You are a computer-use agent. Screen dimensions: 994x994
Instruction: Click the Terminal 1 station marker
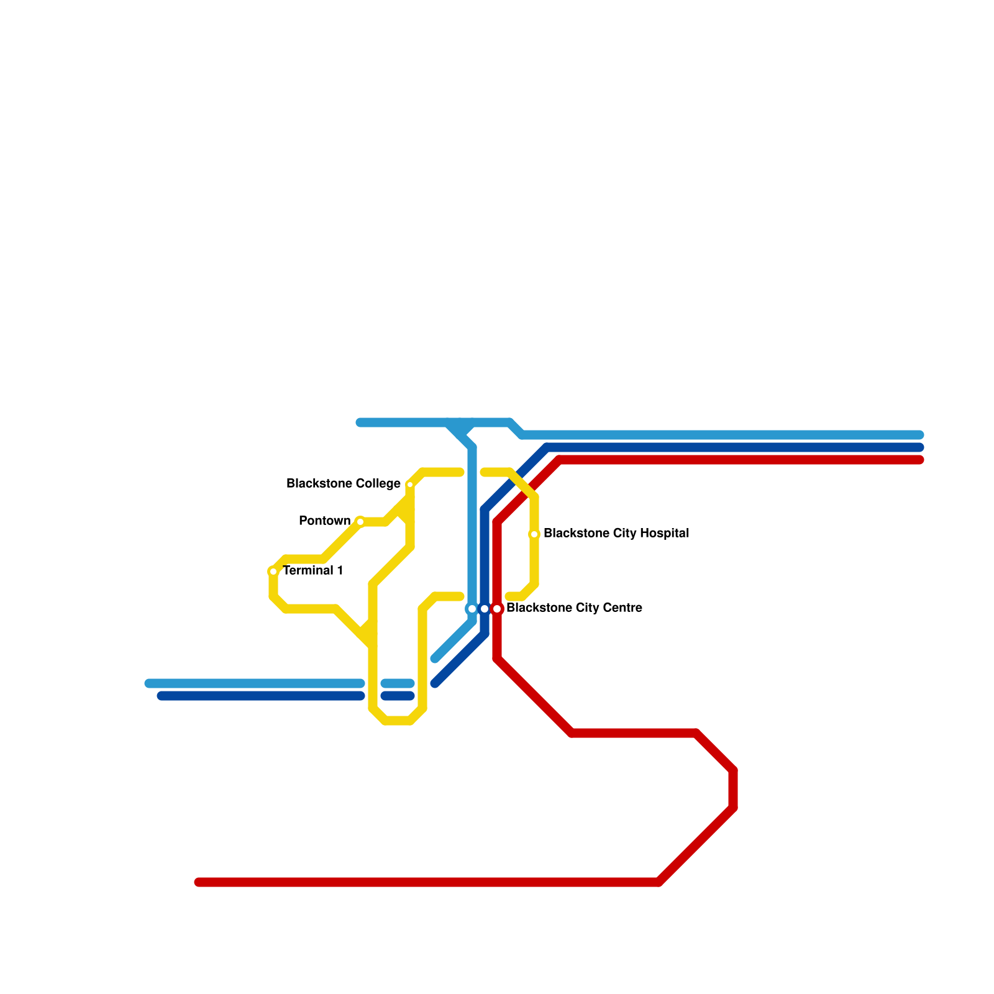pos(273,572)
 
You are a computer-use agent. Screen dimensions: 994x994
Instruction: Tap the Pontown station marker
pos(360,522)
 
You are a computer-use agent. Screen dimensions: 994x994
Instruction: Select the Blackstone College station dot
pos(410,485)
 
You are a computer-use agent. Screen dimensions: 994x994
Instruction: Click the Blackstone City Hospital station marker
pos(534,534)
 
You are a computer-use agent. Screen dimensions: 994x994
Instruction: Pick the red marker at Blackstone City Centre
pos(497,609)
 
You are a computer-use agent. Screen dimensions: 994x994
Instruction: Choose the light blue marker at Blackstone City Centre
pos(472,609)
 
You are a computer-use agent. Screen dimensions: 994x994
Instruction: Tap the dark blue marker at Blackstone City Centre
pos(485,609)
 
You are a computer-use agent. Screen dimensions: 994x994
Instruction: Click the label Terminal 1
pos(313,570)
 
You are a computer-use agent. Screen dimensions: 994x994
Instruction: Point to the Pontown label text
pos(324,521)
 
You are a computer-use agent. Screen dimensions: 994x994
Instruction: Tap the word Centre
pos(621,608)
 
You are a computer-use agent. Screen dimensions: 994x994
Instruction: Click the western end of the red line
pos(199,882)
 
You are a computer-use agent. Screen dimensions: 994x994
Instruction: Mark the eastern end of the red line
pos(919,460)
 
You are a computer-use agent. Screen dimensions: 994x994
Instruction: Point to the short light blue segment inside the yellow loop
pos(398,683)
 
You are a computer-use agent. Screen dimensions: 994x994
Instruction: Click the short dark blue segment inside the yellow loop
pos(398,696)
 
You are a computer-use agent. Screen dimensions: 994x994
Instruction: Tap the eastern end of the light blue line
pos(919,435)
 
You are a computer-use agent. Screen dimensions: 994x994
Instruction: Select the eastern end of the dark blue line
pos(919,447)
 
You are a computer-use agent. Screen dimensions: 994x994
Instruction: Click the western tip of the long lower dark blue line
pos(162,696)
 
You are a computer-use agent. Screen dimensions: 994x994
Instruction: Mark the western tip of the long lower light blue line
pos(149,683)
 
